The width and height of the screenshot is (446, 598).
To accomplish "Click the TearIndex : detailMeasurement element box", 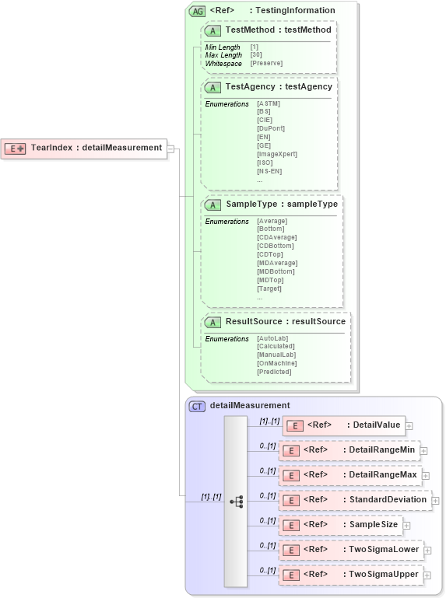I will pos(86,148).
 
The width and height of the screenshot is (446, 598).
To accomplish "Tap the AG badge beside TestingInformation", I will pos(197,11).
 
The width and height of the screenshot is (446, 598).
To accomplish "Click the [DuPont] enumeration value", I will pos(271,128).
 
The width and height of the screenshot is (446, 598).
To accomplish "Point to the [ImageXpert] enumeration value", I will pos(277,154).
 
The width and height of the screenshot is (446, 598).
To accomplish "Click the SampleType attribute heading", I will pos(281,204).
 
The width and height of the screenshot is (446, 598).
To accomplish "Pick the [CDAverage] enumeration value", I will pos(276,237).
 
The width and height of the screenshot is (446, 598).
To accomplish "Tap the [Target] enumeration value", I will pos(269,289).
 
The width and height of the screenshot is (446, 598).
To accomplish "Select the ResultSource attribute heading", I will pos(285,321).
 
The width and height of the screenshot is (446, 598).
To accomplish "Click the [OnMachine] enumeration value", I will pos(276,363).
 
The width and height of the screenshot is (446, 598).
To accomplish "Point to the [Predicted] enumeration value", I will pos(274,372).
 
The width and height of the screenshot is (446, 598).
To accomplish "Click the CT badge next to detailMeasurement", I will pos(198,406).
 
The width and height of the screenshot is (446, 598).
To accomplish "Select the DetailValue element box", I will pos(345,425).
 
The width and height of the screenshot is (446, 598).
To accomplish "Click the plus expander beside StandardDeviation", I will pos(436,501).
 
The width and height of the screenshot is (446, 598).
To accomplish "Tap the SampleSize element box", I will pos(340,525).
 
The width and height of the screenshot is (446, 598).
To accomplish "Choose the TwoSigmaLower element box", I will pos(349,550).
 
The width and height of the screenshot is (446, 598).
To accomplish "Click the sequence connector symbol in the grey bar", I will pos(236,502).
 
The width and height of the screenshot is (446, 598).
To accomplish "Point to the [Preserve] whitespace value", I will pos(266,63).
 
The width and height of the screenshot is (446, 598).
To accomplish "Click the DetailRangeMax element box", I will pos(349,474).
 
